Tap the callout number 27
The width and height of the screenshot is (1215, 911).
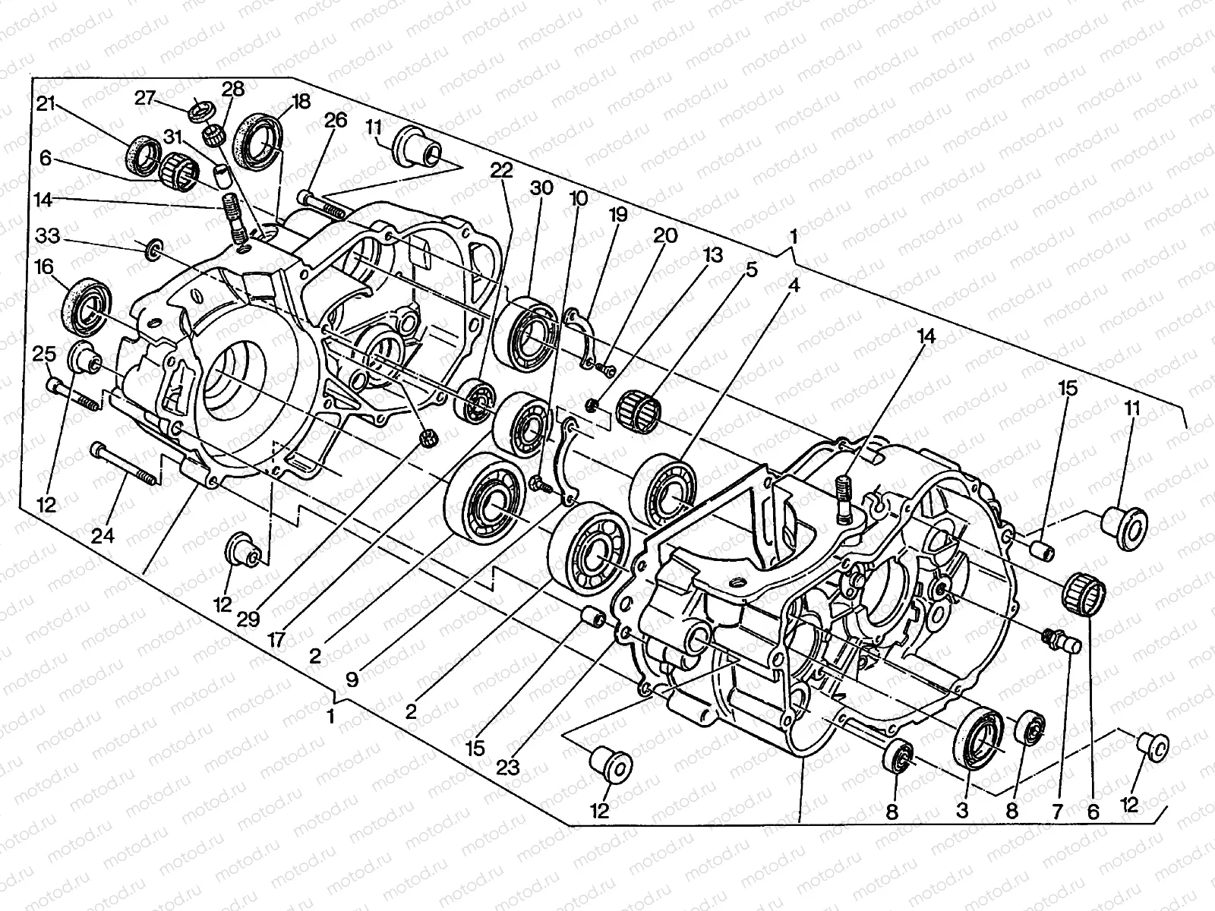146,98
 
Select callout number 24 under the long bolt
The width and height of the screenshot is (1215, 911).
103,536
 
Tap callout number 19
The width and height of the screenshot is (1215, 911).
617,215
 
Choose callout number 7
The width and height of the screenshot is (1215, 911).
1057,810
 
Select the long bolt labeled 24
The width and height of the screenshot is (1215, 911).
125,464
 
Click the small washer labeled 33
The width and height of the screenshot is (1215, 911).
152,247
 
